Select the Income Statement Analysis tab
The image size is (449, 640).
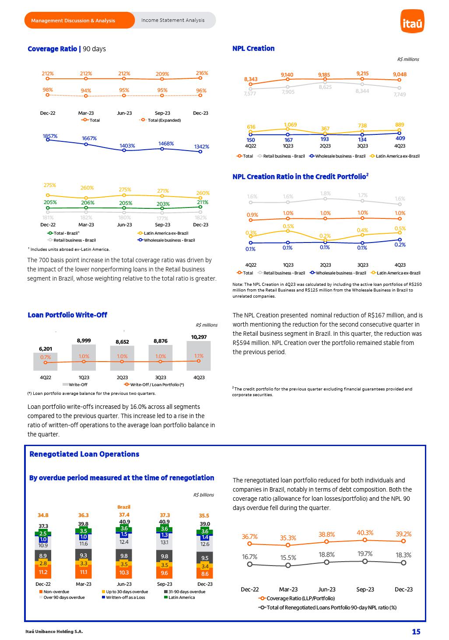click(172, 20)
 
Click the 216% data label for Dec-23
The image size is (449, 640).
click(202, 73)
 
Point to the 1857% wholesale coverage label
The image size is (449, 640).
click(50, 136)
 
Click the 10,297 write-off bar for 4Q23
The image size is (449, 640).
click(199, 355)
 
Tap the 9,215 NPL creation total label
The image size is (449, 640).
click(362, 74)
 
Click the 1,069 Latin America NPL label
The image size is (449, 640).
click(290, 125)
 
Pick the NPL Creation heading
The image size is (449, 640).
click(253, 49)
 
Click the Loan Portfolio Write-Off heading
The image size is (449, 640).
click(67, 315)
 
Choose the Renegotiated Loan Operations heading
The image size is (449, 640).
click(84, 454)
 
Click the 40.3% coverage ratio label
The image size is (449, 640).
click(365, 533)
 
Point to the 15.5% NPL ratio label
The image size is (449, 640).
click(288, 558)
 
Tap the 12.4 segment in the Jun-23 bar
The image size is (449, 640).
click(124, 542)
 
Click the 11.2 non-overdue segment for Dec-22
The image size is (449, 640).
click(43, 572)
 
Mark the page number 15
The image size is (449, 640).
click(416, 631)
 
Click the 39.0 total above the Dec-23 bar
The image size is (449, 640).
click(205, 524)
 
